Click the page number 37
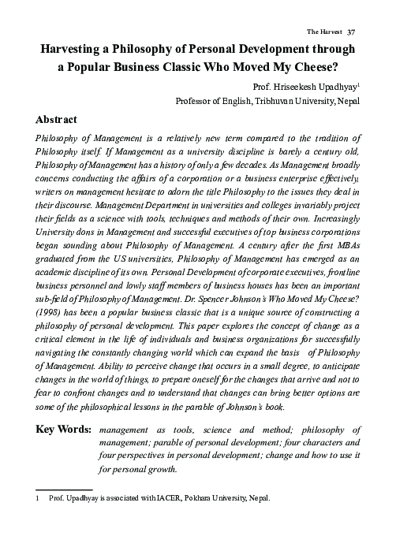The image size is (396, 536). point(353,32)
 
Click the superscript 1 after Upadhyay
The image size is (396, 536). point(361,83)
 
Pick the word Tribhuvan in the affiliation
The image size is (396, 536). point(273,102)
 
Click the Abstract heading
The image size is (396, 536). point(56,120)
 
